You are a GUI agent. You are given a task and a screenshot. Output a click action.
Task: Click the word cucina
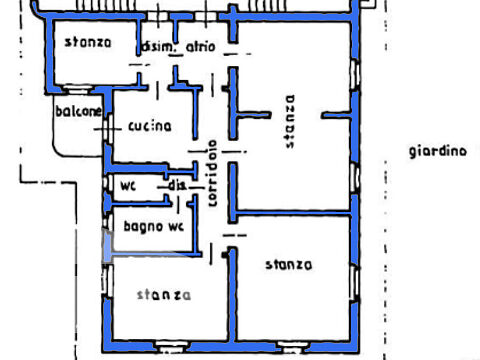click(150, 126)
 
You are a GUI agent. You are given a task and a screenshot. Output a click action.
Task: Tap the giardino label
click(438, 151)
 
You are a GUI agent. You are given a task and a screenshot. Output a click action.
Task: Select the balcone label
click(78, 111)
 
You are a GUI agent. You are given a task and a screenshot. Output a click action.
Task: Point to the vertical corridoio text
click(213, 173)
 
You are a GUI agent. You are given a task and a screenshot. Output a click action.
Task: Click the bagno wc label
click(154, 227)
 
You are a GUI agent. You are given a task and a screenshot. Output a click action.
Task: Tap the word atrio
click(200, 47)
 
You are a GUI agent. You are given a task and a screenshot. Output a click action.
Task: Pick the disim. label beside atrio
click(158, 47)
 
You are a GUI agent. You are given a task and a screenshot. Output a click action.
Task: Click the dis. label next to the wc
click(176, 185)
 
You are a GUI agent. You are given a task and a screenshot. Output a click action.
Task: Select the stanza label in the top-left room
click(88, 42)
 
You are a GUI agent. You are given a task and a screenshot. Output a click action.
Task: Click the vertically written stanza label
click(290, 121)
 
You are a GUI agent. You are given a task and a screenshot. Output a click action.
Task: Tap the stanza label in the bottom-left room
click(164, 295)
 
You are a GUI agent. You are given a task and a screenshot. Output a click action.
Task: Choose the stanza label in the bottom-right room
click(289, 265)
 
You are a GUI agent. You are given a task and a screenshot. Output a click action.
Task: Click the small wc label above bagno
click(128, 185)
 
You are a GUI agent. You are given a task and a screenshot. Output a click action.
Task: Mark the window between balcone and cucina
click(108, 128)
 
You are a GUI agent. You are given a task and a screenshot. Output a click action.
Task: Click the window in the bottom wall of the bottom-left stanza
click(170, 347)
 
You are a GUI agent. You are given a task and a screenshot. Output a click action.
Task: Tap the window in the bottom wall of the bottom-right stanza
click(292, 347)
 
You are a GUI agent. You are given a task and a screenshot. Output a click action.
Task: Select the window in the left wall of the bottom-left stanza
click(108, 280)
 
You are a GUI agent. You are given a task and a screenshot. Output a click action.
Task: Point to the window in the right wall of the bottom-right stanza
click(355, 283)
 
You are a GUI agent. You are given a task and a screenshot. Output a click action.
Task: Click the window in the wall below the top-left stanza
click(77, 89)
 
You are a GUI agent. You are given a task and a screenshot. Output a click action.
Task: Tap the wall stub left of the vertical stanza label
click(254, 115)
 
